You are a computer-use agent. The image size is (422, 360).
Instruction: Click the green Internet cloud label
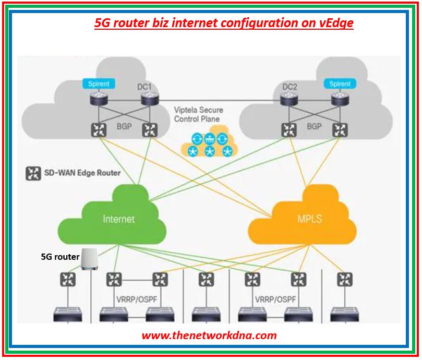pos(118,219)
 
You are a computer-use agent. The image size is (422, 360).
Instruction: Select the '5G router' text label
pos(60,257)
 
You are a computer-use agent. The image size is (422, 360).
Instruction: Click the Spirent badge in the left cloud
pos(99,83)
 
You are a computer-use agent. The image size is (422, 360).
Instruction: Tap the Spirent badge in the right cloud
pos(340,83)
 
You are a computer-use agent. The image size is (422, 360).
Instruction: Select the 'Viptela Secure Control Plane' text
pos(198,114)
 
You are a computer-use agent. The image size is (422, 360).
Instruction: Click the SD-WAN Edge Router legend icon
pos(33,173)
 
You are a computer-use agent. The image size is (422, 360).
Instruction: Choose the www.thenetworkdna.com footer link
pos(209,335)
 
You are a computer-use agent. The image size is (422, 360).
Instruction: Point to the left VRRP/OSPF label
pos(137,300)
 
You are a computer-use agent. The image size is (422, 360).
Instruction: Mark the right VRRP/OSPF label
pos(275,300)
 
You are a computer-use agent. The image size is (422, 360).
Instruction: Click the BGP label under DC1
pos(124,127)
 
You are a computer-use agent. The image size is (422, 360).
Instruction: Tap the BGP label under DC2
pos(314,126)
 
